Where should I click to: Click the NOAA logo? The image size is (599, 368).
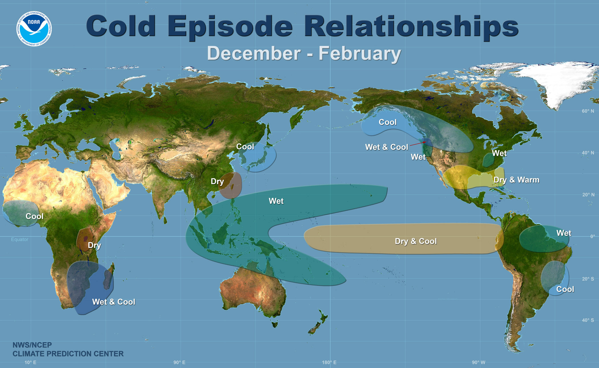[x=34, y=28]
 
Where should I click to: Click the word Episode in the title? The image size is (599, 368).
[x=230, y=26]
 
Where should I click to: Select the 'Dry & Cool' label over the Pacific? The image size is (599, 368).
[x=416, y=241]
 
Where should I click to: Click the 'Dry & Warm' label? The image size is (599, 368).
[x=516, y=180]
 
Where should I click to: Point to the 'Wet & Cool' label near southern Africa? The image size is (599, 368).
[x=114, y=302]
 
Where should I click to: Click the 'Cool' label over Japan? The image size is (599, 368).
[x=245, y=147]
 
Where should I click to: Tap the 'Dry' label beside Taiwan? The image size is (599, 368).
[x=217, y=181]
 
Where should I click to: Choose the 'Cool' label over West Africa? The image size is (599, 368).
[x=35, y=216]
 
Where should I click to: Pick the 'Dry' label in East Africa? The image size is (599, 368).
[x=94, y=245]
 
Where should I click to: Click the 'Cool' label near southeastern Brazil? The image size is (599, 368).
[x=565, y=289]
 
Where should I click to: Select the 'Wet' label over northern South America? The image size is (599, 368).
[x=564, y=233]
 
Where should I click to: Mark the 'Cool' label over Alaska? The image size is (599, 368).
[x=387, y=122]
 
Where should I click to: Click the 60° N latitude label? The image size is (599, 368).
[x=588, y=111]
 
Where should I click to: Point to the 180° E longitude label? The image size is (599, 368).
[x=329, y=362]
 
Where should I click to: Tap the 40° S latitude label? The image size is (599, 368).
[x=588, y=320]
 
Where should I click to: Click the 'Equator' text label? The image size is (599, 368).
[x=20, y=239]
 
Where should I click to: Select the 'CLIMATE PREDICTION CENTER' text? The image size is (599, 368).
[x=68, y=354]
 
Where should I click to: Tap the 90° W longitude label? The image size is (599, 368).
[x=478, y=362]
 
